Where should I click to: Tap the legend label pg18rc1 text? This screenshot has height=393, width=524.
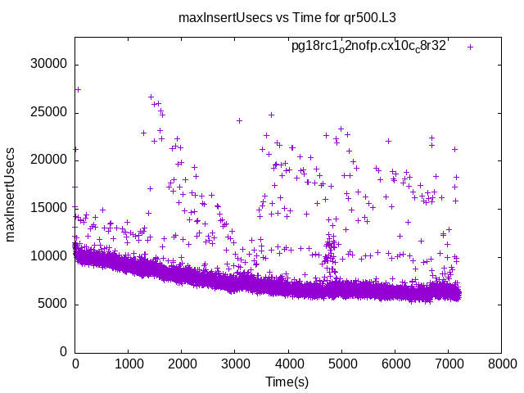coord(368,47)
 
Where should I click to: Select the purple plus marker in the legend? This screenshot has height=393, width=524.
coord(470,47)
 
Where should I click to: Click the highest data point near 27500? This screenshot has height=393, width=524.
coord(78,89)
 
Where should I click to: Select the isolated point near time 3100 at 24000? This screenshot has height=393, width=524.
coord(239,120)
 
